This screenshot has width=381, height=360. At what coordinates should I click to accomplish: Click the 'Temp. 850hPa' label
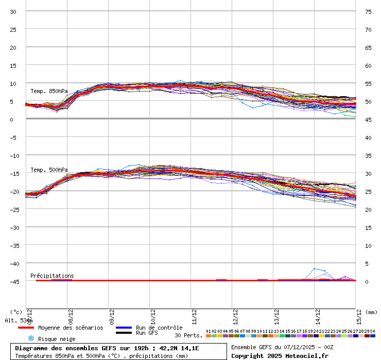click(x=49, y=91)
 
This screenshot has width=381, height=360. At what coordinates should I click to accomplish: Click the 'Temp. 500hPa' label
click(x=49, y=170)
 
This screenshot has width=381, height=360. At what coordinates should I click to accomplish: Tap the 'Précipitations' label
click(x=52, y=276)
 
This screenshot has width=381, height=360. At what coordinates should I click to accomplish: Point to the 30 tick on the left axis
click(x=13, y=11)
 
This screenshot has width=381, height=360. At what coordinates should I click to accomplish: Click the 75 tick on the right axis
click(x=368, y=11)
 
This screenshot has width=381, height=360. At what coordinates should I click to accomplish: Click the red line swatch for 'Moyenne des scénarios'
click(x=26, y=328)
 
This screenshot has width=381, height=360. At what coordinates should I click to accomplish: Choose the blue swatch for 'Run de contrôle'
click(x=124, y=328)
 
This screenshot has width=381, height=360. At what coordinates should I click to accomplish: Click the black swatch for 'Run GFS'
click(x=124, y=333)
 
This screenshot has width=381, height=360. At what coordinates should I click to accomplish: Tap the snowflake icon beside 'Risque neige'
click(x=30, y=338)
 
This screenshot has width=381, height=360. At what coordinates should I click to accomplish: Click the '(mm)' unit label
click(x=371, y=312)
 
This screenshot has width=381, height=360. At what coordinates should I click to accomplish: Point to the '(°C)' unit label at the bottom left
click(x=16, y=312)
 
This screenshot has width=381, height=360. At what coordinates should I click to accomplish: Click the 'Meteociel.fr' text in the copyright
click(x=308, y=355)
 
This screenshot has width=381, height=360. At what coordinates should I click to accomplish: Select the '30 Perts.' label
click(x=188, y=335)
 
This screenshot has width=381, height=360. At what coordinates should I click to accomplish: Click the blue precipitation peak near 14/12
click(x=315, y=268)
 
